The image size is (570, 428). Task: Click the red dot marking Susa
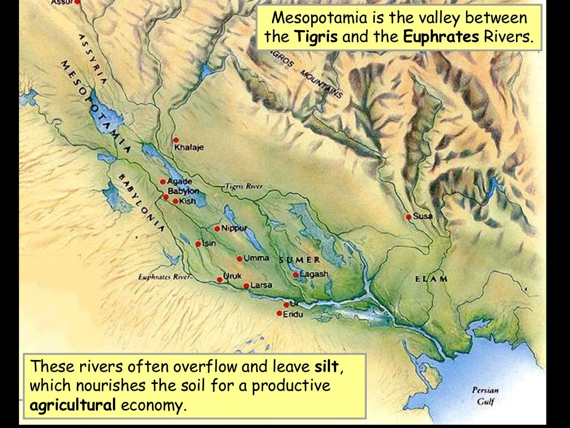click(409, 217)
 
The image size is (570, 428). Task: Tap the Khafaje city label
click(189, 148)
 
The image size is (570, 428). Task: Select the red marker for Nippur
click(217, 228)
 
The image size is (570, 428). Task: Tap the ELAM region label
click(431, 279)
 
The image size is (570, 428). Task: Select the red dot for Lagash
click(296, 274)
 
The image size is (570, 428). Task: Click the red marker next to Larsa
click(246, 286)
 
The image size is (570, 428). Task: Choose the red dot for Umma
click(239, 259)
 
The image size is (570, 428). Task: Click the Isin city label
click(209, 244)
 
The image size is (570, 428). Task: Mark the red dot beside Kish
click(175, 201)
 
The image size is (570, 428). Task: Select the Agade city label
click(180, 182)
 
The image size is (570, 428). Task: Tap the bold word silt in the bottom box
click(325, 367)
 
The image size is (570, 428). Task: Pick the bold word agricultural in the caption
click(72, 405)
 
